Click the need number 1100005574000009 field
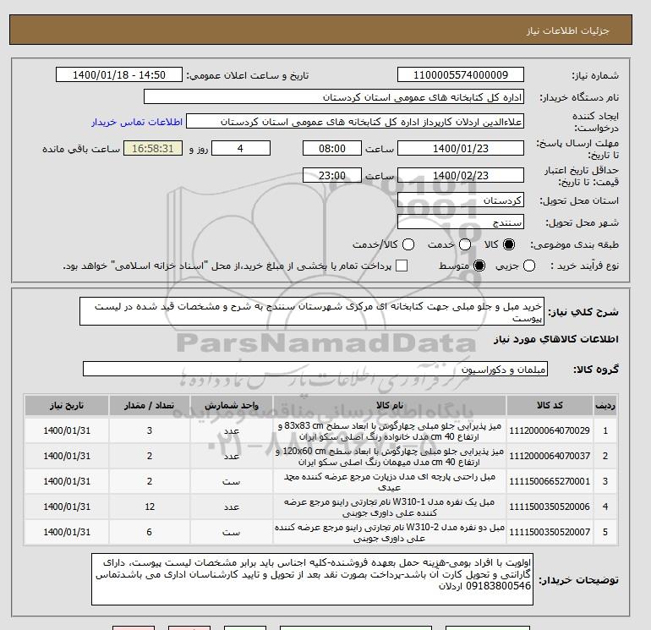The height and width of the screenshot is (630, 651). [460, 75]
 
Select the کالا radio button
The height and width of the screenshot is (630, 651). [508, 244]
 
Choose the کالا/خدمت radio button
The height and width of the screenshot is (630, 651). [408, 244]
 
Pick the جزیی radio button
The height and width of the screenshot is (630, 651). [529, 266]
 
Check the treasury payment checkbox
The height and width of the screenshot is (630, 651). [402, 266]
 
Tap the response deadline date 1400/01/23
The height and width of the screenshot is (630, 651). [460, 148]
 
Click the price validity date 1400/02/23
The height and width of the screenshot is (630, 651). [460, 175]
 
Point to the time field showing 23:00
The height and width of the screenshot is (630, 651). [331, 175]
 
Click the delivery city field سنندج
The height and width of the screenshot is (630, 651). [460, 222]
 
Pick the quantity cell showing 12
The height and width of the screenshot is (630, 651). [150, 506]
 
